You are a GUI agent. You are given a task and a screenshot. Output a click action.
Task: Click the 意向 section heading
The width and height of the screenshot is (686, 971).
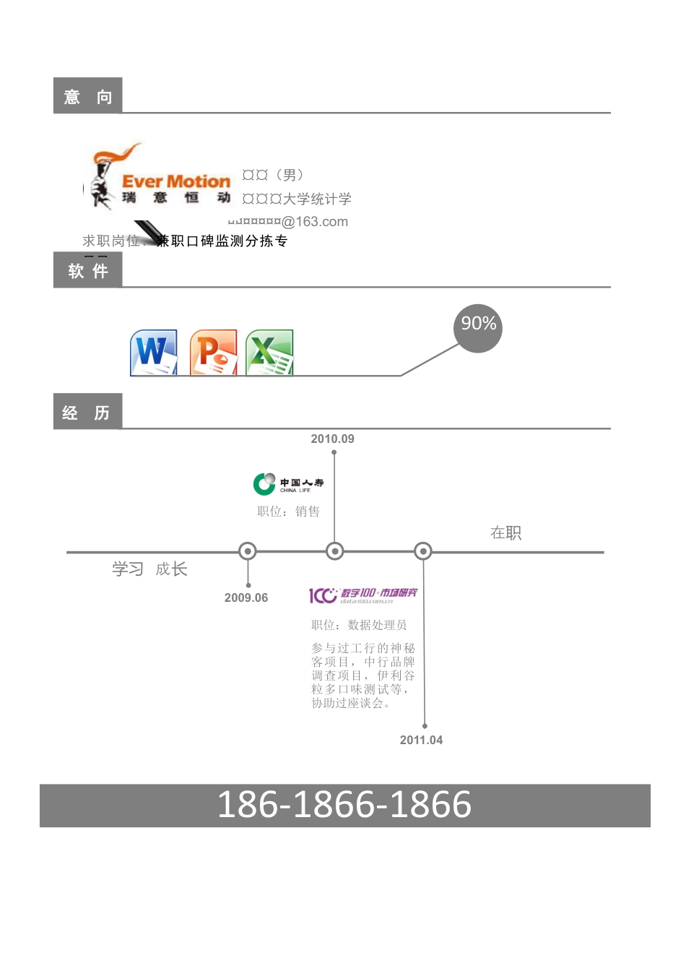pos(87,96)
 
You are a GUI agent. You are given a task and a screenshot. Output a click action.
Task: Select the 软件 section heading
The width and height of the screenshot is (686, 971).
pos(87,271)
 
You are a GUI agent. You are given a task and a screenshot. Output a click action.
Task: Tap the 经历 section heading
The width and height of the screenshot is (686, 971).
pos(87,413)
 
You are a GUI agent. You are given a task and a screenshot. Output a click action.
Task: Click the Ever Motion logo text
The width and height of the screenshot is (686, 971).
pos(175,181)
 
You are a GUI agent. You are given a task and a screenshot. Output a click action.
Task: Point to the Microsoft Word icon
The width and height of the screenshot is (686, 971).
pos(154,353)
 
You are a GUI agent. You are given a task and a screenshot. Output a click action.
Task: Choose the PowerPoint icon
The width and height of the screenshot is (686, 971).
pos(213,353)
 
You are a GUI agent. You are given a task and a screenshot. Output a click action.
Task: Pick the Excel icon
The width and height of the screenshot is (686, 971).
pos(269,353)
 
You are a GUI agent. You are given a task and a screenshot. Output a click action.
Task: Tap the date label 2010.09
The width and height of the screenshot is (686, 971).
pos(332,439)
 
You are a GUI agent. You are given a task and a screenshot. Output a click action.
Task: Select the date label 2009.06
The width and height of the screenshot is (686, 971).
pos(246,597)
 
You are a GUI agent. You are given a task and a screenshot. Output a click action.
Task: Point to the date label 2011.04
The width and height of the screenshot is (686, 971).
pos(421,740)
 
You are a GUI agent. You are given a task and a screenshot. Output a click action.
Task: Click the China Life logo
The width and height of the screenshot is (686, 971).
pos(288,483)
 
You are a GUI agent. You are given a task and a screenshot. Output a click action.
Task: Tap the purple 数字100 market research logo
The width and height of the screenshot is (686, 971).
pos(363,595)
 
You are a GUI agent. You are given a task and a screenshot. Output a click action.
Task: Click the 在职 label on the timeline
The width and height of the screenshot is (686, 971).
pos(505,533)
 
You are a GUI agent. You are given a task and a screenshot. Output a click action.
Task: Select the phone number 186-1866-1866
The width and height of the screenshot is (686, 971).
pos(344,805)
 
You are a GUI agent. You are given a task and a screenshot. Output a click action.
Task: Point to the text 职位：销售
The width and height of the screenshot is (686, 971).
pos(288,512)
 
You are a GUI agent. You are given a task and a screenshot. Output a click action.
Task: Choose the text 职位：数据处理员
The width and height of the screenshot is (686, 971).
pos(359,625)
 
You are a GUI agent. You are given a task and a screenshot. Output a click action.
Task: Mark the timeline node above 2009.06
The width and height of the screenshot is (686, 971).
pos(248,551)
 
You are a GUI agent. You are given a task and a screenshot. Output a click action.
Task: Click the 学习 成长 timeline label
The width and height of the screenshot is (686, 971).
pos(149,569)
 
